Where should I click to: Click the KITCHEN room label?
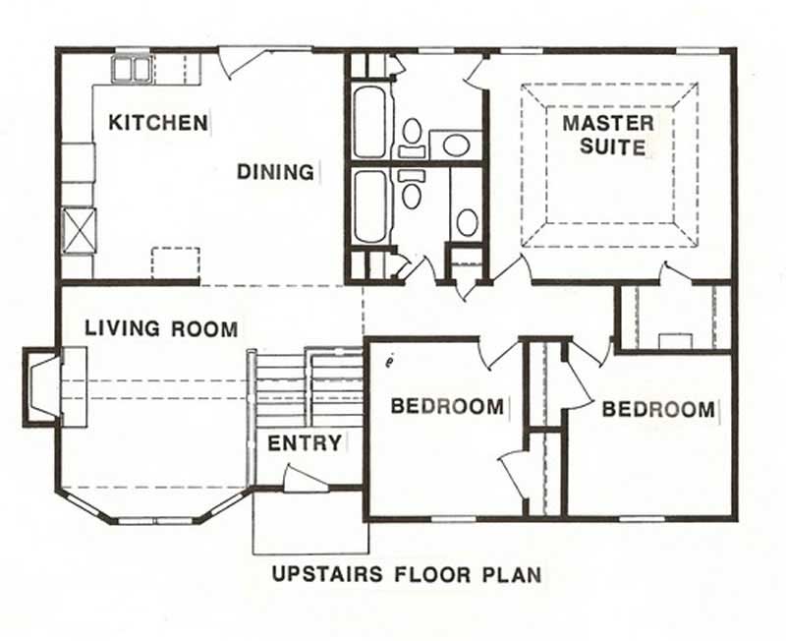point(157,123)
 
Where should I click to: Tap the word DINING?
point(274,172)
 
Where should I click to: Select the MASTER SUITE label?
point(607,136)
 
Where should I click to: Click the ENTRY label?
point(305,443)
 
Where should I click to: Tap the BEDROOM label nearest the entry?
point(447,406)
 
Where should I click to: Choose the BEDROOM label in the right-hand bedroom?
point(658,409)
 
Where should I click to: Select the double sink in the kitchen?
point(130,69)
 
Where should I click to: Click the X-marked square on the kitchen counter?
point(77,229)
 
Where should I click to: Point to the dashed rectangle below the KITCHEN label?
point(175,263)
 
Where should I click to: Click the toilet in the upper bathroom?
point(413,135)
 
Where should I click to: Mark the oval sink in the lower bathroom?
point(468,222)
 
